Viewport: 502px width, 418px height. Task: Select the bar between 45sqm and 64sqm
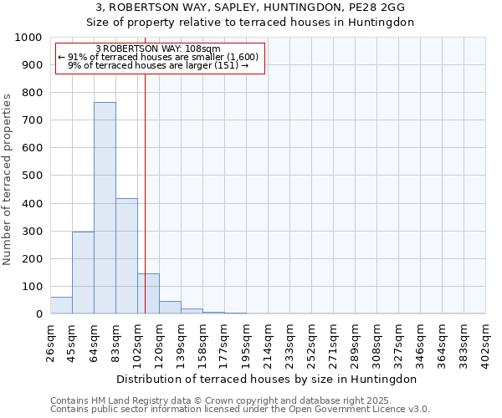coord(83,273)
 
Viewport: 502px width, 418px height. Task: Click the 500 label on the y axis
coord(33,176)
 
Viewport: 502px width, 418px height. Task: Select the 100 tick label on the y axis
coord(33,287)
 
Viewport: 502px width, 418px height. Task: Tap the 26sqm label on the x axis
coord(51,339)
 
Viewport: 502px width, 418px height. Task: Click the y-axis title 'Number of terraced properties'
coord(8,179)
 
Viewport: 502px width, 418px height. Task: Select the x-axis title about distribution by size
coord(268,379)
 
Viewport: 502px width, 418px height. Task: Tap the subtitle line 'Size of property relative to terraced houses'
coord(251,23)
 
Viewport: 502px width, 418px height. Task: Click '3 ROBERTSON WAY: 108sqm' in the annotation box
coord(158,49)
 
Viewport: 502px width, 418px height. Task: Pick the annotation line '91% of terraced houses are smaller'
coord(158,57)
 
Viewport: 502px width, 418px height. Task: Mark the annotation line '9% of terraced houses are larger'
coord(158,65)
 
